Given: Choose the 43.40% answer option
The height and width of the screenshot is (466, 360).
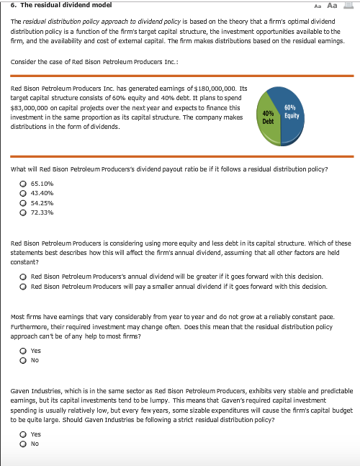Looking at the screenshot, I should pyautogui.click(x=24, y=193).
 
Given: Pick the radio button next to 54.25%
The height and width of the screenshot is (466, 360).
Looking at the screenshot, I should pyautogui.click(x=24, y=203).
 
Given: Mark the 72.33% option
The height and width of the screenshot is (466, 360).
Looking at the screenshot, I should pyautogui.click(x=24, y=212).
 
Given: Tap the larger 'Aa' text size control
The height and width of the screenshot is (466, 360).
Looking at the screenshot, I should pyautogui.click(x=333, y=5).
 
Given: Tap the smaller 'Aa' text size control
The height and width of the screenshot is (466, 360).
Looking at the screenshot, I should pyautogui.click(x=320, y=6).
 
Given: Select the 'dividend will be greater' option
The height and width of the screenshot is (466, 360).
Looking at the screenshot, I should pyautogui.click(x=24, y=277).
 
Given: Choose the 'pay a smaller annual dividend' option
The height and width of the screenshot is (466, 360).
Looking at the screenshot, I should pyautogui.click(x=24, y=286).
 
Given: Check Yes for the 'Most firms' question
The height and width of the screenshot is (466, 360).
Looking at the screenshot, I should pyautogui.click(x=24, y=351).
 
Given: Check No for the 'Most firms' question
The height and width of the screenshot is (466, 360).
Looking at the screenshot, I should pyautogui.click(x=24, y=361).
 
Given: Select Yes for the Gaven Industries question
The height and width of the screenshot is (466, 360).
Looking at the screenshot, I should pyautogui.click(x=24, y=434).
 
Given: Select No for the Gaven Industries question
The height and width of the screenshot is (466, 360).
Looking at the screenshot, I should pyautogui.click(x=24, y=444).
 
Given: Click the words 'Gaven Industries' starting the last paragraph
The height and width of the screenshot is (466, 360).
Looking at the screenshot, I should pyautogui.click(x=35, y=390).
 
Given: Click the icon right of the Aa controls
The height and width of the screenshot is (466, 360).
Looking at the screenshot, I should pyautogui.click(x=349, y=5).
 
